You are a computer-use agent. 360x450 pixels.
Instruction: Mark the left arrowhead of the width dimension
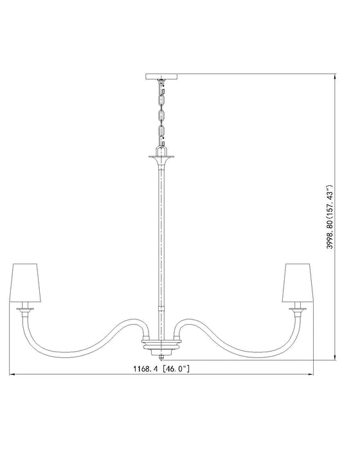coord(11,375)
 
